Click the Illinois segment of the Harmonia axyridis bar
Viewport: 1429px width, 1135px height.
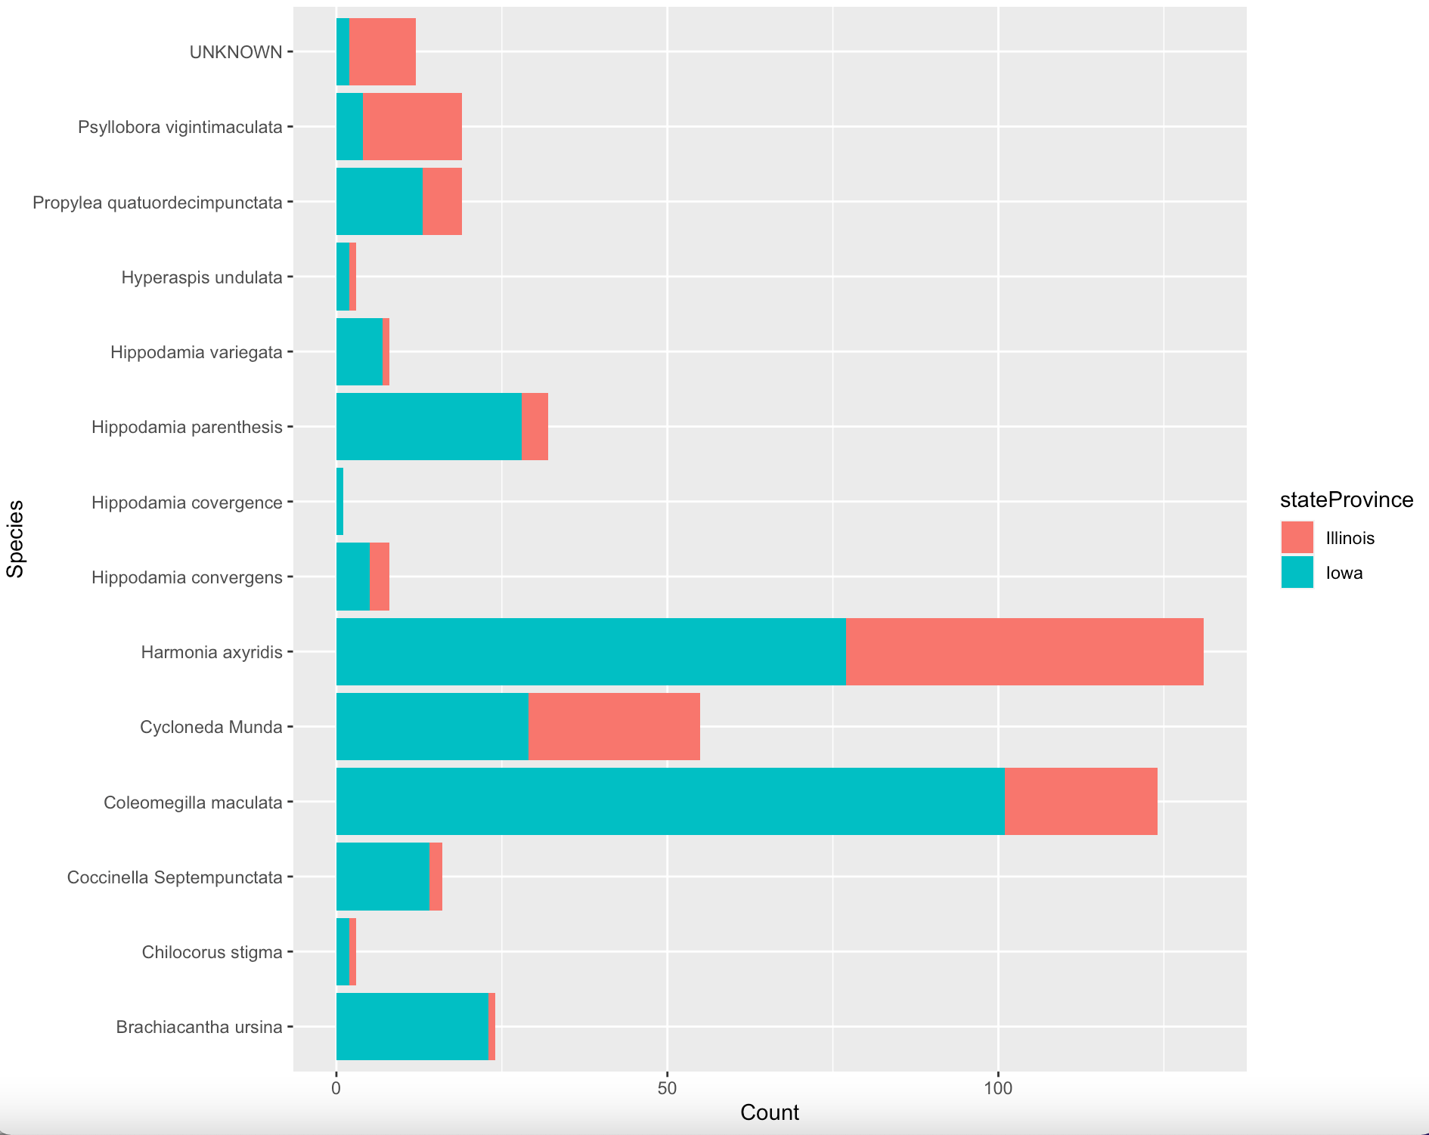(1024, 651)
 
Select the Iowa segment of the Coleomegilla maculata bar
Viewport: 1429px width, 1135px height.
(670, 802)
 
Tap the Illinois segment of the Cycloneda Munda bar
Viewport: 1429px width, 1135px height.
(614, 726)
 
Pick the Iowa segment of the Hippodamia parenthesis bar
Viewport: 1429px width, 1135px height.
(429, 426)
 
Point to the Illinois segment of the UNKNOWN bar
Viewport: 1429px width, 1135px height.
(383, 51)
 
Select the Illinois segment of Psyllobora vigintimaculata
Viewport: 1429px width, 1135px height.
(412, 126)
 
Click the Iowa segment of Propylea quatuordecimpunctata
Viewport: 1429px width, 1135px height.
(379, 201)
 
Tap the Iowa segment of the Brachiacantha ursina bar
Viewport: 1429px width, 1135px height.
(412, 1026)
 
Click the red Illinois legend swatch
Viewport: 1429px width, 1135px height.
(1297, 537)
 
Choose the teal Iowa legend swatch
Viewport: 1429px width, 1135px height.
(1297, 572)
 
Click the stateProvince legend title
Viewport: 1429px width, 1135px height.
(1346, 500)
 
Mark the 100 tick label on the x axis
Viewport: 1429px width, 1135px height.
(998, 1088)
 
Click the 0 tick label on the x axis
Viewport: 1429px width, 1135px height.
(336, 1088)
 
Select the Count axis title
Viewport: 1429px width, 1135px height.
(769, 1112)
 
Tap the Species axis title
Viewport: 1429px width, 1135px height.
(15, 539)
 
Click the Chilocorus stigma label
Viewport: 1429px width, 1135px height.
(212, 952)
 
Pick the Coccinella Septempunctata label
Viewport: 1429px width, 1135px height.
(175, 877)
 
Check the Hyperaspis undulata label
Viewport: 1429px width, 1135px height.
(202, 277)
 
